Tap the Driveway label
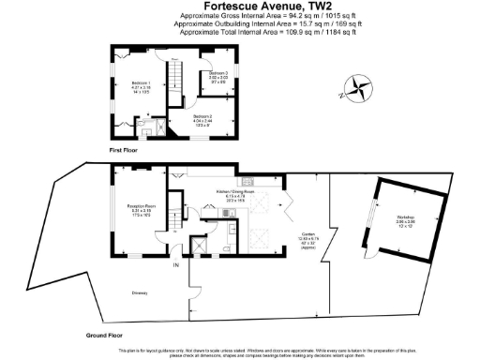(140, 292)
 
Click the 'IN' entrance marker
(175, 265)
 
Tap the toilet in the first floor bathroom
(140, 119)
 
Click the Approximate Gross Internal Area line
(240, 16)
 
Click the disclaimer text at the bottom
(240, 351)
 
